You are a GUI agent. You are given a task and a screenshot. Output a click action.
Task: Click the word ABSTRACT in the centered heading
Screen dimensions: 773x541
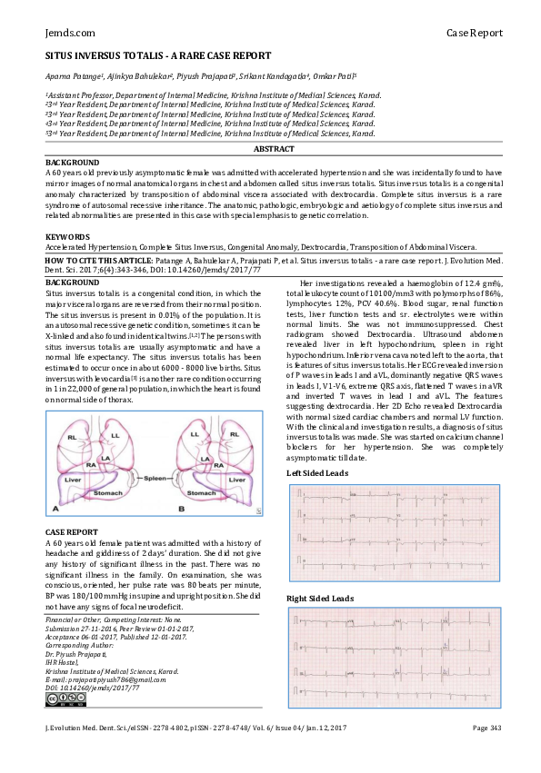(x=273, y=148)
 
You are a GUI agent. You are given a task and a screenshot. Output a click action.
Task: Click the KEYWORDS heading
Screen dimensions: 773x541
(x=67, y=236)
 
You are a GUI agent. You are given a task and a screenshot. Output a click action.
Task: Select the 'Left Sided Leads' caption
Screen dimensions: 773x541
(x=316, y=473)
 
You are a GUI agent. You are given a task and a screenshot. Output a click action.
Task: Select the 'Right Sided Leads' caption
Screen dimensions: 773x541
(x=320, y=599)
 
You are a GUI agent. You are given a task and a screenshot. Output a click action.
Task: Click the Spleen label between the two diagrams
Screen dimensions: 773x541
(x=157, y=475)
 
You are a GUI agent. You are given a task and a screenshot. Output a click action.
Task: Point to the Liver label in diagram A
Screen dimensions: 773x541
(x=75, y=476)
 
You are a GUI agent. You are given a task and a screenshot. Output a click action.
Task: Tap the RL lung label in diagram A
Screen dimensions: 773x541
(x=70, y=436)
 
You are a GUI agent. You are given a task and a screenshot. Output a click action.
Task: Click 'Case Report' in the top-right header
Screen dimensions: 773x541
(x=474, y=33)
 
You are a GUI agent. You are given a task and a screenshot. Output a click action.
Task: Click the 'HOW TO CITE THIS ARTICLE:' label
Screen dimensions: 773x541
(x=102, y=260)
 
